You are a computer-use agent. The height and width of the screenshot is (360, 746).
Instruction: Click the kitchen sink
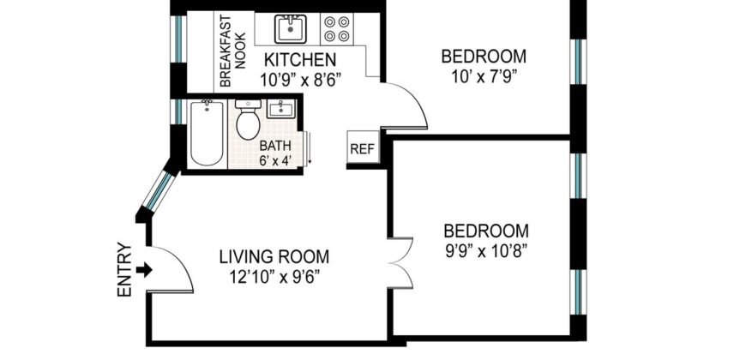[x=291, y=30]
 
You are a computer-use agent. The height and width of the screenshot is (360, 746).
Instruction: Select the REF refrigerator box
[x=362, y=147]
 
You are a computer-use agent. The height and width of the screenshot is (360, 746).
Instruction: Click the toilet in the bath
[x=249, y=120]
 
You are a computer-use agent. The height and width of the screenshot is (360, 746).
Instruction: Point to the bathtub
[x=207, y=132]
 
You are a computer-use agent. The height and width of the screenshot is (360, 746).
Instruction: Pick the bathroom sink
[x=281, y=109]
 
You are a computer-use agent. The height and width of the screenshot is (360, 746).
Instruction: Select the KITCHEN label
[x=298, y=61]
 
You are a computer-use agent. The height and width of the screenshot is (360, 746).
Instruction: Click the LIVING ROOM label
[x=274, y=256]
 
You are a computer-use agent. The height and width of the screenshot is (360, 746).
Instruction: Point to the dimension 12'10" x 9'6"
[x=274, y=276]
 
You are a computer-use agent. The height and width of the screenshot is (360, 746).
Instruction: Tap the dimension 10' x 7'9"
[x=483, y=77]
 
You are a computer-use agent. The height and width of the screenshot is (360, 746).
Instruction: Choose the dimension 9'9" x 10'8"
[x=485, y=251]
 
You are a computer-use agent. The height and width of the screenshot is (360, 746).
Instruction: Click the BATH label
[x=276, y=145]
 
